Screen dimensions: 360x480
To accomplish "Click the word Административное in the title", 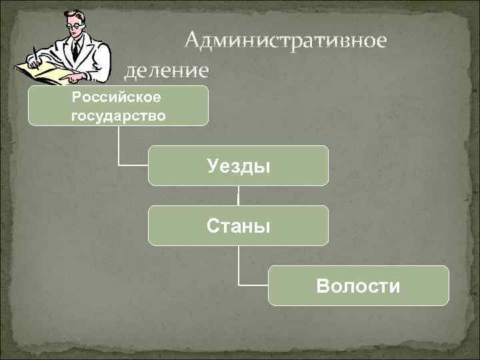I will point(285,41).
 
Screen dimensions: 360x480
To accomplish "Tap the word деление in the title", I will point(167,69).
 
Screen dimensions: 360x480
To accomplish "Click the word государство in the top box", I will point(118,116).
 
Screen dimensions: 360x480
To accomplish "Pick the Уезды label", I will point(238,166).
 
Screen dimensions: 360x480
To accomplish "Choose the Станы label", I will point(238,226).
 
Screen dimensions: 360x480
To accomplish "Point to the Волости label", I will point(359,286).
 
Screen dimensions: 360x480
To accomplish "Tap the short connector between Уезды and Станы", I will point(238,195).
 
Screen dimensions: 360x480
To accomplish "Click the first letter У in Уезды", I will point(212,166).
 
